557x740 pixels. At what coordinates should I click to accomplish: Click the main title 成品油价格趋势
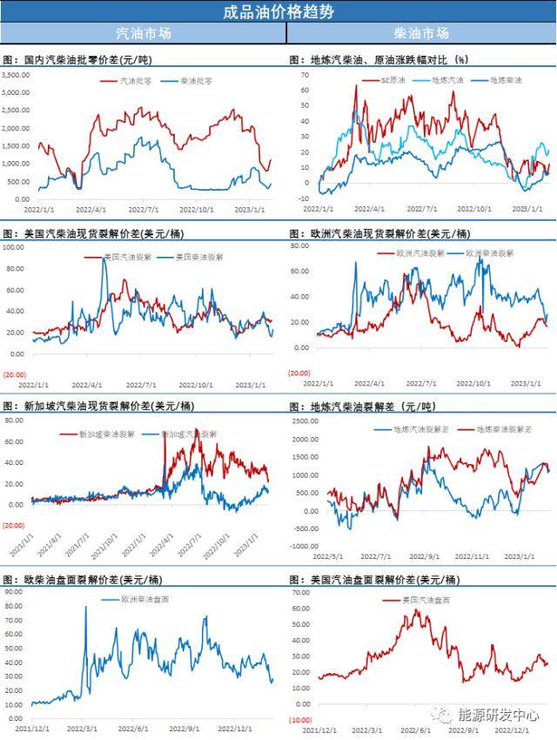[278, 11]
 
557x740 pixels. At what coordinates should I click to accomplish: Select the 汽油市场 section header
[144, 33]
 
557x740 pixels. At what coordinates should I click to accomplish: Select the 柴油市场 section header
[421, 33]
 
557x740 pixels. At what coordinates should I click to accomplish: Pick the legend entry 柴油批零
[196, 80]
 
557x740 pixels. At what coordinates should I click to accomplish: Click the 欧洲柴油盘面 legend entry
[137, 601]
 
